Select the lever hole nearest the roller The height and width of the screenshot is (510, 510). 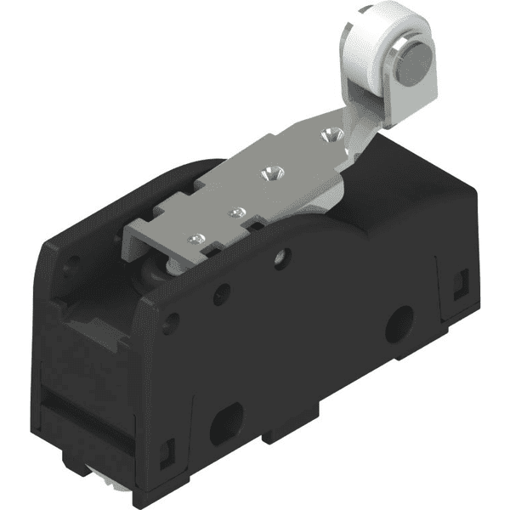click(329, 133)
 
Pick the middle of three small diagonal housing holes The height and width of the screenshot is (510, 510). click(223, 294)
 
